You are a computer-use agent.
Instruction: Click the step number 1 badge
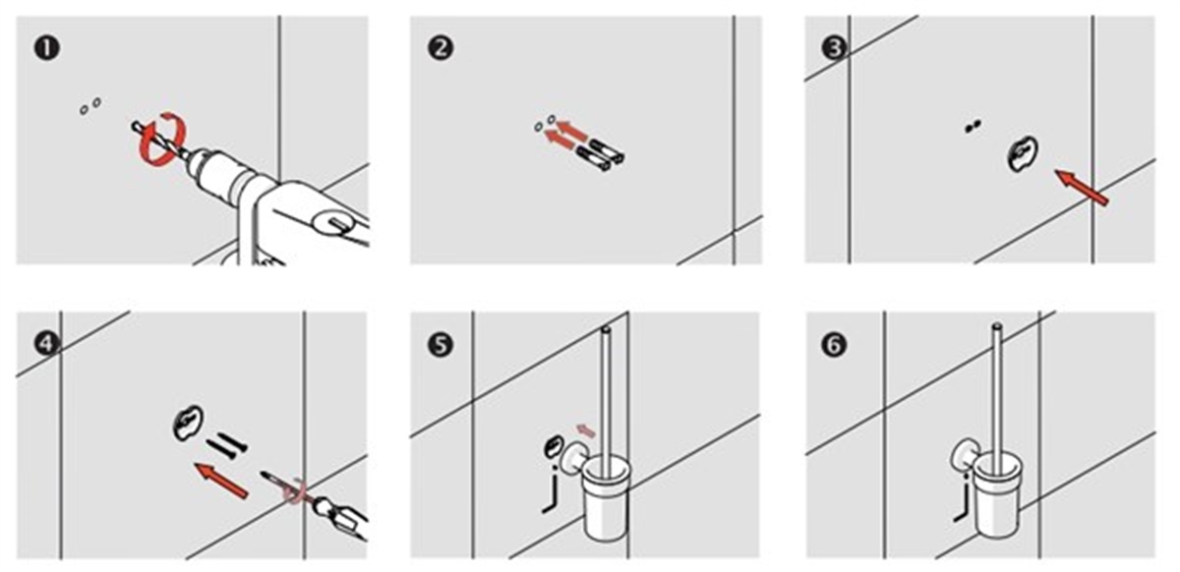pyautogui.click(x=47, y=48)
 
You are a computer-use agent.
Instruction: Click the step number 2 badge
pyautogui.click(x=441, y=48)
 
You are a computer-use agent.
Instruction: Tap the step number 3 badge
pyautogui.click(x=834, y=48)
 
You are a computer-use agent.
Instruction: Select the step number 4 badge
pyautogui.click(x=47, y=344)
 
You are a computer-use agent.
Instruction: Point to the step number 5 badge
pyautogui.click(x=441, y=345)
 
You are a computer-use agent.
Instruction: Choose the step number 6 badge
pyautogui.click(x=834, y=345)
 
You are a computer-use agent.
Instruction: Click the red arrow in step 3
pyautogui.click(x=1083, y=187)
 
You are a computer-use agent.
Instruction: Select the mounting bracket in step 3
pyautogui.click(x=1023, y=153)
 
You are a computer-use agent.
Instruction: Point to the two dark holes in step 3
pyautogui.click(x=973, y=127)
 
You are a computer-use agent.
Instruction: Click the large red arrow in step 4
pyautogui.click(x=221, y=481)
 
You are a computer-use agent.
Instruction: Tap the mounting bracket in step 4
pyautogui.click(x=188, y=423)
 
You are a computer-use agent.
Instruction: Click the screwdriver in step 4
pyautogui.click(x=315, y=506)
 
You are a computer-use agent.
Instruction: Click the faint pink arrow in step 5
pyautogui.click(x=586, y=430)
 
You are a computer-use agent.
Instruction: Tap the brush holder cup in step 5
pyautogui.click(x=606, y=497)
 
